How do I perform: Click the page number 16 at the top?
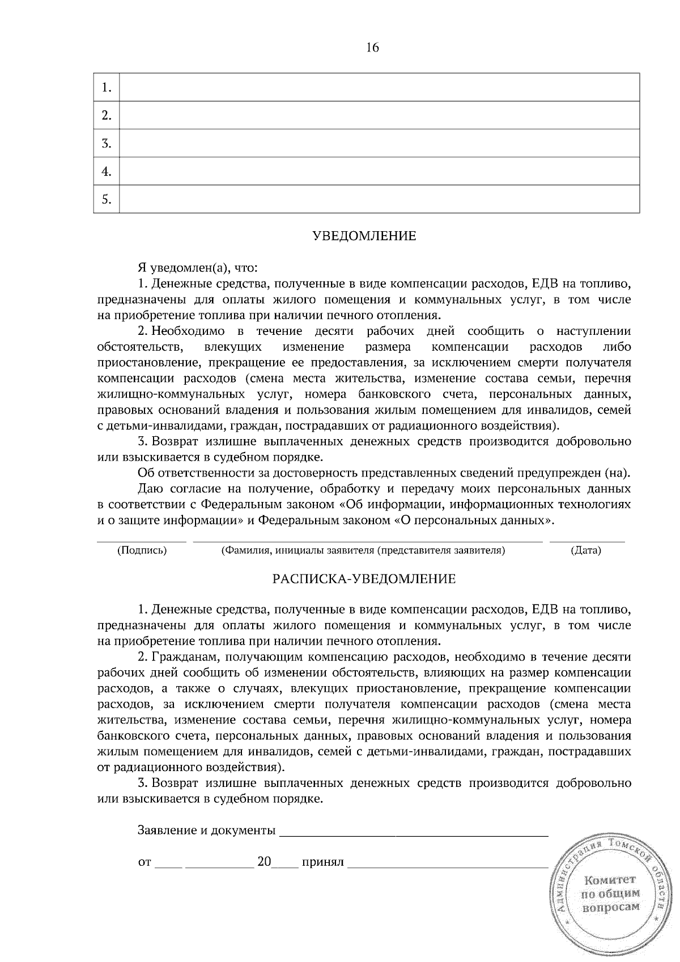(x=372, y=48)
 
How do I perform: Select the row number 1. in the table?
(x=106, y=88)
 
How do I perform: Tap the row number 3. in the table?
(x=106, y=143)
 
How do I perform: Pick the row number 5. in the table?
(x=106, y=199)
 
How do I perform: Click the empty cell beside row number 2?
(x=379, y=116)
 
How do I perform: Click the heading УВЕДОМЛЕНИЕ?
(x=364, y=236)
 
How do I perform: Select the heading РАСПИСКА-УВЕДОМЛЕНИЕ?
(x=364, y=579)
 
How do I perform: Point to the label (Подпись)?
(x=142, y=550)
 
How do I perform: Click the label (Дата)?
(x=586, y=550)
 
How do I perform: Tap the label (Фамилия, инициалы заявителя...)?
(x=363, y=550)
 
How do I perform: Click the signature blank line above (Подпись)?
(x=142, y=541)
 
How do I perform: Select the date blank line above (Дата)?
(x=587, y=541)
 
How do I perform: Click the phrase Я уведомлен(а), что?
(x=198, y=267)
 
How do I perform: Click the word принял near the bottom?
(x=323, y=863)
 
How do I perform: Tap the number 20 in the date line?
(x=264, y=862)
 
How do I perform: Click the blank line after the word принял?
(x=448, y=866)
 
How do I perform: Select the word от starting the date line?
(x=144, y=863)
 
